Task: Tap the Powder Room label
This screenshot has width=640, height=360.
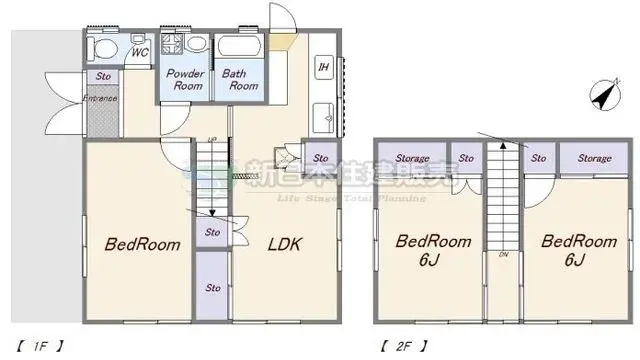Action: tap(185, 80)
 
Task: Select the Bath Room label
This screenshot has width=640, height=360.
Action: tap(240, 80)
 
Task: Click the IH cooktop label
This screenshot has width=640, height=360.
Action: tap(323, 67)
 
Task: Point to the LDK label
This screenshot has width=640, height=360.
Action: tap(285, 243)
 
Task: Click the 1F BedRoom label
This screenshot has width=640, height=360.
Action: tap(143, 244)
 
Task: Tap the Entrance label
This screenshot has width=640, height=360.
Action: tap(100, 98)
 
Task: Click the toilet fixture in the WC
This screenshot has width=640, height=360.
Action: tap(101, 47)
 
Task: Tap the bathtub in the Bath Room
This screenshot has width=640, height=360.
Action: tap(240, 47)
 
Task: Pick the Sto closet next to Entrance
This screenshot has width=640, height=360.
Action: tap(103, 76)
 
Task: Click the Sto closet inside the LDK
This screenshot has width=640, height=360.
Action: tap(320, 158)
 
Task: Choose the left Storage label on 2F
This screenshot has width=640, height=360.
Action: tap(411, 158)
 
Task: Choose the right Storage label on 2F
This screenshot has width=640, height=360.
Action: tap(594, 158)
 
